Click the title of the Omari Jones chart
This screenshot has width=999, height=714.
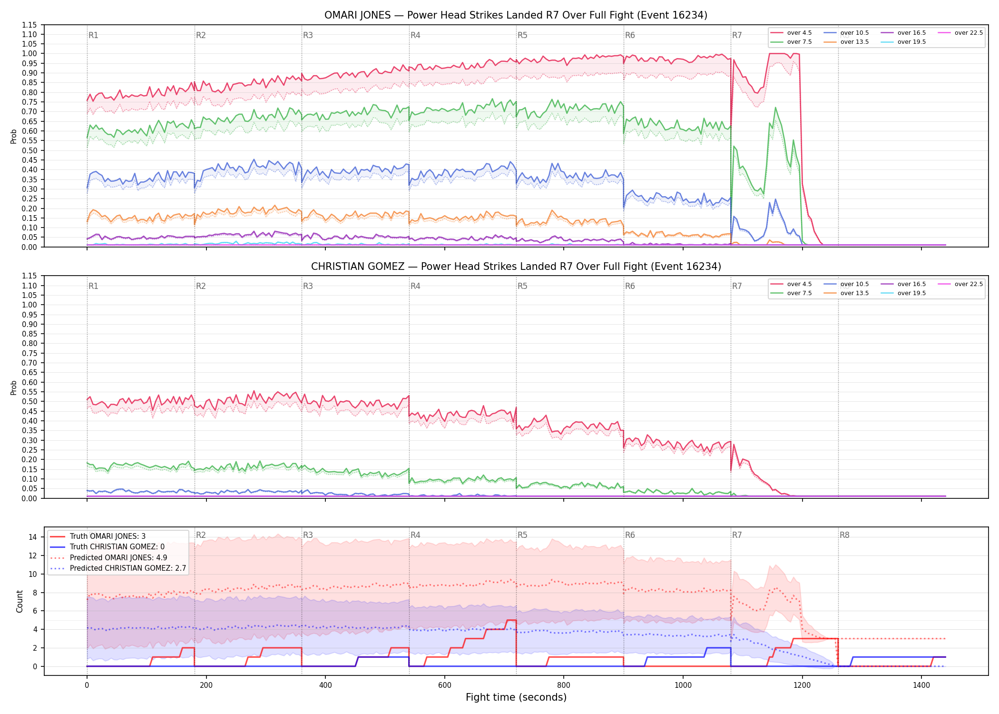pyautogui.click(x=516, y=15)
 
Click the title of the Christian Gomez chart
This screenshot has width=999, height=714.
pyautogui.click(x=516, y=267)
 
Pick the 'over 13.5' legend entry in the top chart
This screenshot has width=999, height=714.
pyautogui.click(x=846, y=42)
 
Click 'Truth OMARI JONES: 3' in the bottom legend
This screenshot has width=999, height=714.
pyautogui.click(x=98, y=536)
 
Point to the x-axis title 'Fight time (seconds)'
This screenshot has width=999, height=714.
pyautogui.click(x=516, y=697)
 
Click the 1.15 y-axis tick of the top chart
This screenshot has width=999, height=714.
pyautogui.click(x=29, y=25)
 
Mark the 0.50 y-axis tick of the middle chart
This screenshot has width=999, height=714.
pyautogui.click(x=29, y=401)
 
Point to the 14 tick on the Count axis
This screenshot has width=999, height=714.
pyautogui.click(x=33, y=537)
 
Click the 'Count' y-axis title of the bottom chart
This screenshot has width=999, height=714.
pyautogui.click(x=20, y=601)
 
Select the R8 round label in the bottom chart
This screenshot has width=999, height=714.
pyautogui.click(x=844, y=535)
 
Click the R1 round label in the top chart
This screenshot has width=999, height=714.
pyautogui.click(x=94, y=35)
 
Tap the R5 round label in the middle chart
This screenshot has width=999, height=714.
pyautogui.click(x=523, y=286)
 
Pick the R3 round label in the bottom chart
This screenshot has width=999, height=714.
pyautogui.click(x=308, y=535)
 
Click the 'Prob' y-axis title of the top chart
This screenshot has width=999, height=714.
pyautogui.click(x=14, y=136)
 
